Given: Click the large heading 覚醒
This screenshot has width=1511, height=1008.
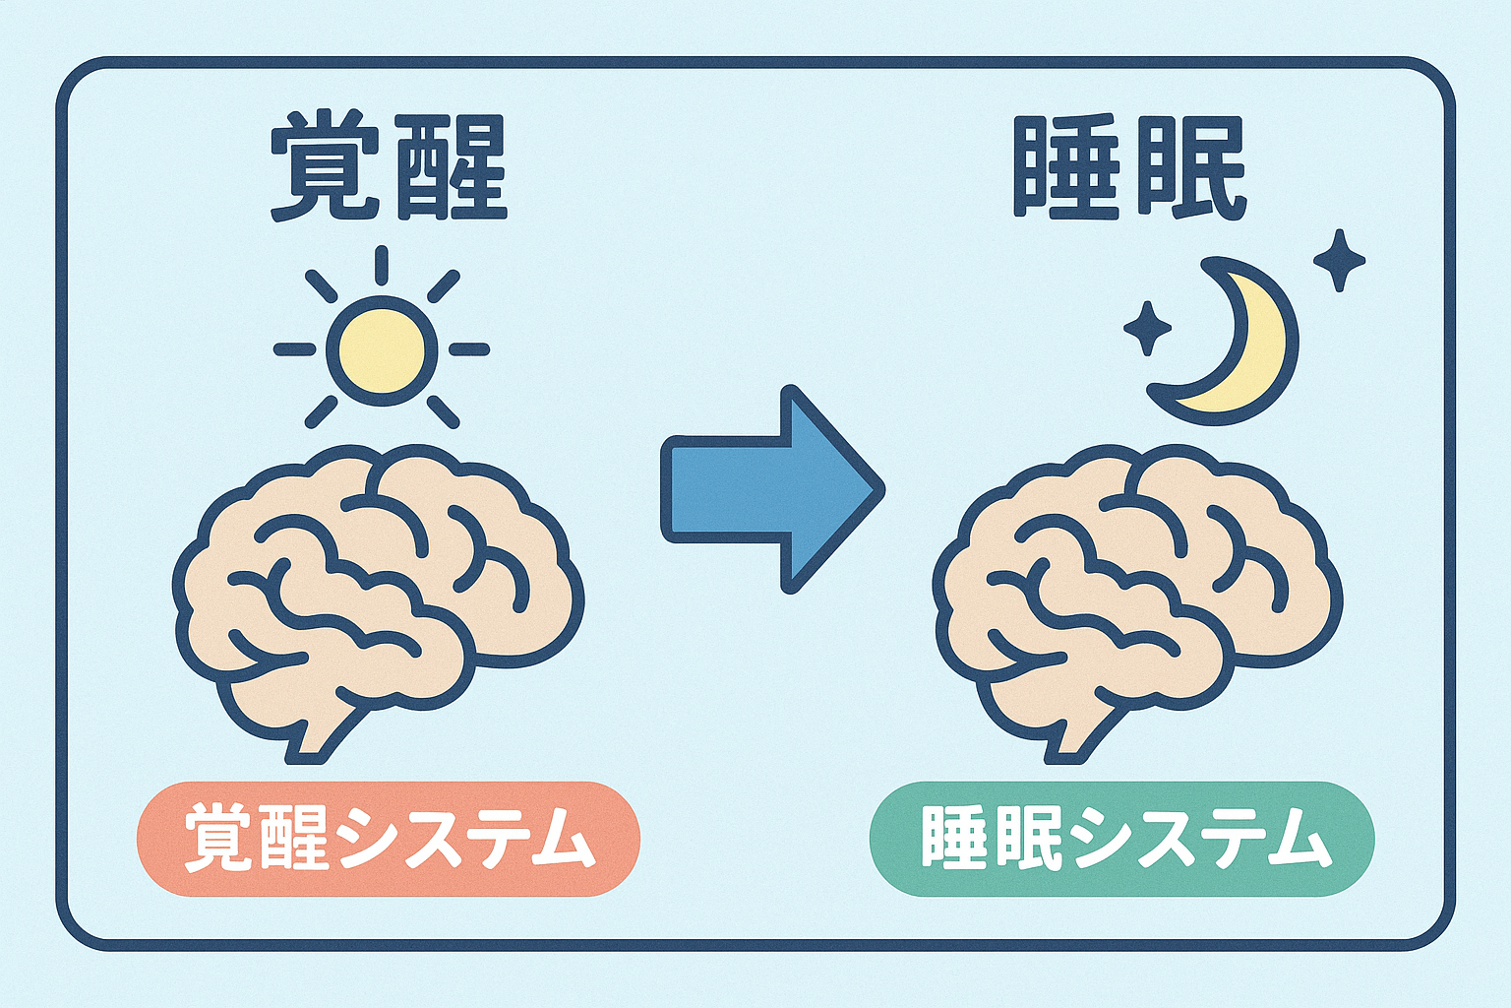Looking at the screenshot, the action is (389, 166).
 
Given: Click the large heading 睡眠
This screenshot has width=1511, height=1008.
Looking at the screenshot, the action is (1130, 166).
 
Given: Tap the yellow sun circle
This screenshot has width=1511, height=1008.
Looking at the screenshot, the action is (382, 349).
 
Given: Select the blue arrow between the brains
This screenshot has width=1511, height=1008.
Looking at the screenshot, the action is (773, 489).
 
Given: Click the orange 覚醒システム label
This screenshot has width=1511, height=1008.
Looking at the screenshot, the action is (389, 840).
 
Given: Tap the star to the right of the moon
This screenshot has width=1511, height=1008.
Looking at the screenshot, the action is (1340, 260).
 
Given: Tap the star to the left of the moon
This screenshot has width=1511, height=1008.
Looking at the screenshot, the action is (1147, 329).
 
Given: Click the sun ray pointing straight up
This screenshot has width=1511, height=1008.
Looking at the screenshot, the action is (382, 265).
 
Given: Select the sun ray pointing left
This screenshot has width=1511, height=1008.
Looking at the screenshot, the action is (294, 349).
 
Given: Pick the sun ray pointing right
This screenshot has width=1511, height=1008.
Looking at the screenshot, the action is (469, 349).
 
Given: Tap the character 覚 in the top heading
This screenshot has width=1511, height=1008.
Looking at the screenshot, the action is (326, 166).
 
